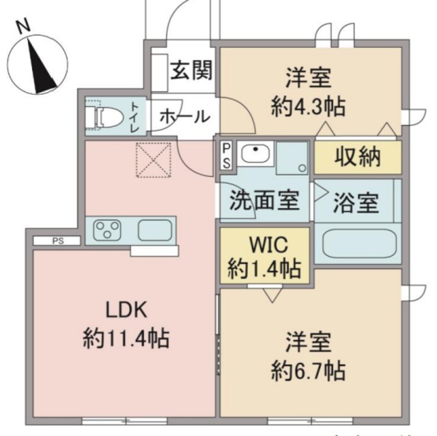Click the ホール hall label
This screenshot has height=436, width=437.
tap(184, 117)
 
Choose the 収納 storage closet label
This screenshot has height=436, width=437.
tap(356, 158)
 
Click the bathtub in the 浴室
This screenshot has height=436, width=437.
tap(356, 243)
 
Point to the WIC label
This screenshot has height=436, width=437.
tap(264, 245)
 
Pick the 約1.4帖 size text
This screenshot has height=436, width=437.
tap(264, 268)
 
